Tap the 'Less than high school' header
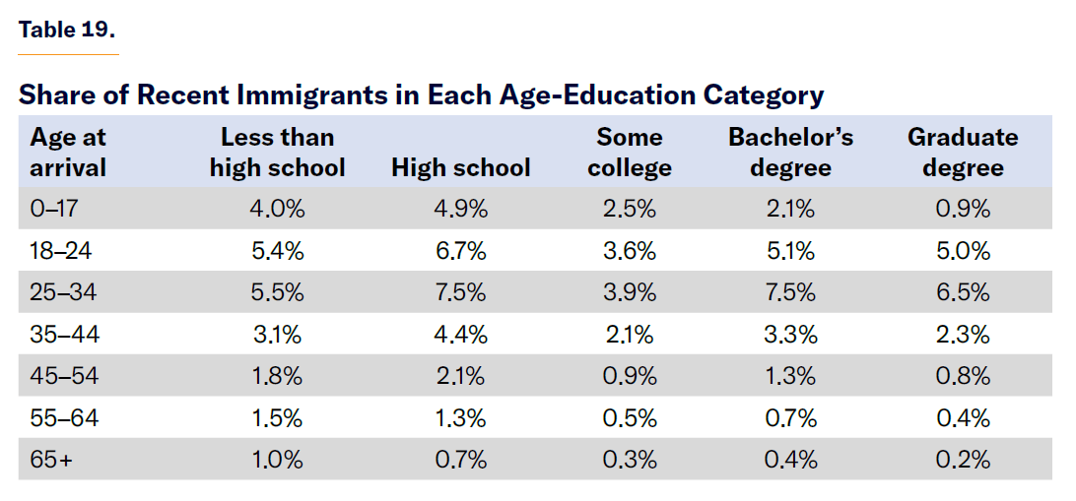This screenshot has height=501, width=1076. [277, 152]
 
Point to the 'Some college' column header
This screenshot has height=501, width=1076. [630, 152]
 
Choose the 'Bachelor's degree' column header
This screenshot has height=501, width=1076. [790, 152]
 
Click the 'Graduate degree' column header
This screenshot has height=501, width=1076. [963, 152]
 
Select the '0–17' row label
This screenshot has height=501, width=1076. [53, 209]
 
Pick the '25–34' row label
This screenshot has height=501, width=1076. [61, 292]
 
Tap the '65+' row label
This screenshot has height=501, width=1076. [51, 460]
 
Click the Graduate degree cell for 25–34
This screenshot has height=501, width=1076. [963, 292]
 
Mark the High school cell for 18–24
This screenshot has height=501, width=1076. [460, 251]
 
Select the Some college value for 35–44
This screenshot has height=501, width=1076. [630, 335]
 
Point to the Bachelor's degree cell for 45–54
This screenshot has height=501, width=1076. [790, 376]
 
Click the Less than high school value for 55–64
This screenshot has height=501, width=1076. [277, 418]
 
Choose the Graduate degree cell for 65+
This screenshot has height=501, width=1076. [963, 460]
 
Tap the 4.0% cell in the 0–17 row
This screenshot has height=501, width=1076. [277, 209]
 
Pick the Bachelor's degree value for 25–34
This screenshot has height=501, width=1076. [790, 292]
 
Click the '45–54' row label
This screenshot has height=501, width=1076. [61, 376]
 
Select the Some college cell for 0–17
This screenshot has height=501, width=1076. [630, 209]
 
